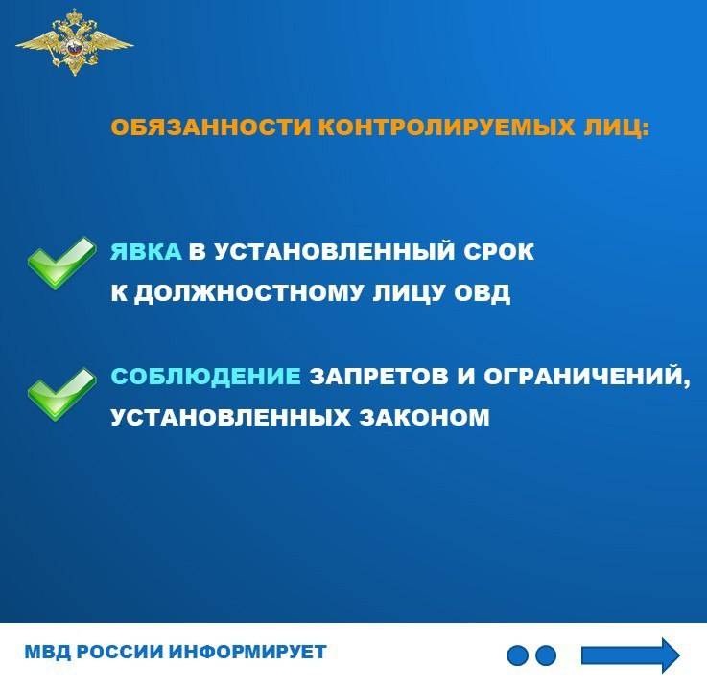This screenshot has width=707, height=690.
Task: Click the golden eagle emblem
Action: tap(75, 43)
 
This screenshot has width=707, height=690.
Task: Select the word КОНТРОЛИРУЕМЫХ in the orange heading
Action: tap(446, 127)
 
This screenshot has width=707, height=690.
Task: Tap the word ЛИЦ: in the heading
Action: tap(616, 128)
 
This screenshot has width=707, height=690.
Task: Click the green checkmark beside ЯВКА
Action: tap(61, 263)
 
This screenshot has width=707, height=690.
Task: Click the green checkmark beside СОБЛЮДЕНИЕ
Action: tap(61, 395)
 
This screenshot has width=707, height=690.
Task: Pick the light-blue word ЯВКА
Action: tap(146, 252)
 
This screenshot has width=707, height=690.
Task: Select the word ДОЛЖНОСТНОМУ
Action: tap(248, 293)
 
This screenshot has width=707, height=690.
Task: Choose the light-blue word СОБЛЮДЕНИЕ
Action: tap(205, 377)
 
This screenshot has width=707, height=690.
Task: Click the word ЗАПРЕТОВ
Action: tap(379, 377)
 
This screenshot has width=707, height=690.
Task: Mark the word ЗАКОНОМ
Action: tap(424, 417)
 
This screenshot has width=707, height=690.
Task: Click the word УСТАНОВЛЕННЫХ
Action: tap(230, 417)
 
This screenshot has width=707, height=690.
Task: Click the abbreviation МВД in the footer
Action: tap(47, 653)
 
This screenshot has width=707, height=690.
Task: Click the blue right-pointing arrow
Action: tap(630, 655)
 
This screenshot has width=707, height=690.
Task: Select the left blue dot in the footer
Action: tap(517, 655)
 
